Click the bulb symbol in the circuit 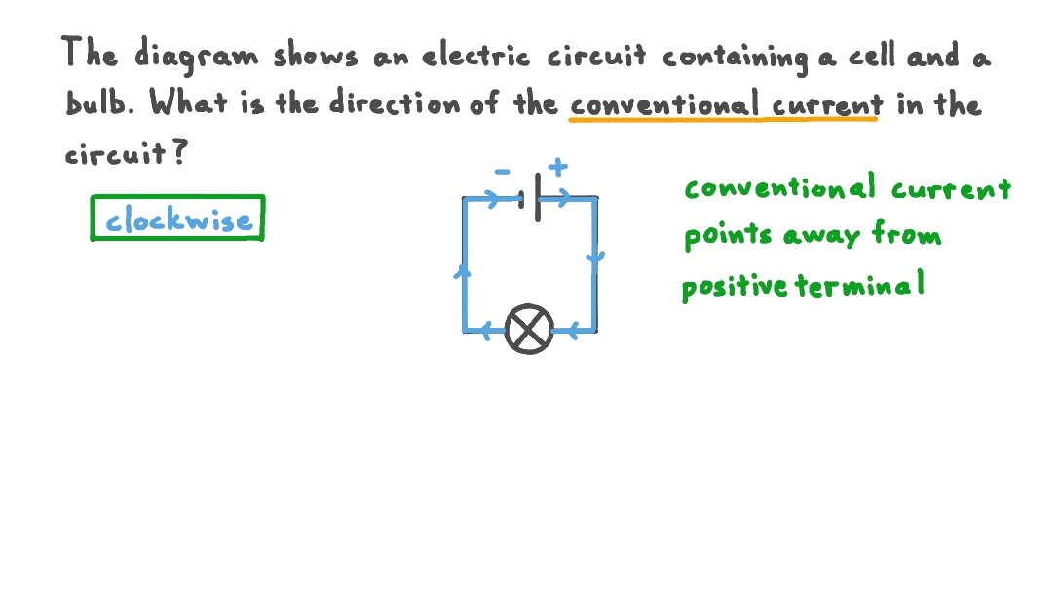(529, 329)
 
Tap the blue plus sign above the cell (557, 166)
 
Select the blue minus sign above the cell (503, 172)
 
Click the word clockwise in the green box (179, 220)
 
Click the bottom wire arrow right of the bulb (573, 332)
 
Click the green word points (727, 237)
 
